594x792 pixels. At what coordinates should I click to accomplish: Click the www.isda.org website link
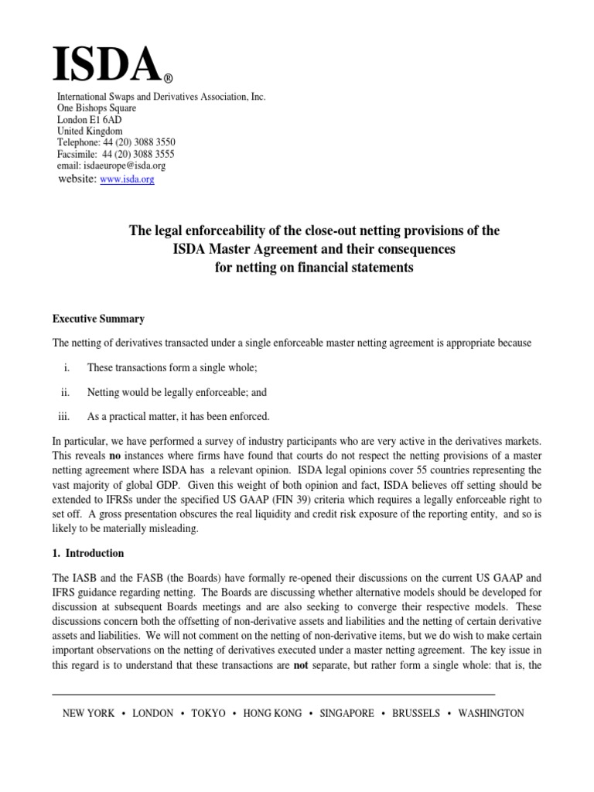(128, 179)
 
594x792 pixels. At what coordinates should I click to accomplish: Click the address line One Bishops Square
(97, 108)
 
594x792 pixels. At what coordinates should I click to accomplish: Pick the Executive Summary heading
(98, 319)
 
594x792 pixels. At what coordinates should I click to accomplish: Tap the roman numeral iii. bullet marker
(63, 417)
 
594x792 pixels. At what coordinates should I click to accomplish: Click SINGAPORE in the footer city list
(346, 713)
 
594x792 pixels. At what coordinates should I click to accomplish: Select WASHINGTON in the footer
(490, 713)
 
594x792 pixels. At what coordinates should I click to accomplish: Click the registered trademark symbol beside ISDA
(168, 79)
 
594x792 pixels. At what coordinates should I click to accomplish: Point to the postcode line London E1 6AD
(89, 120)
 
